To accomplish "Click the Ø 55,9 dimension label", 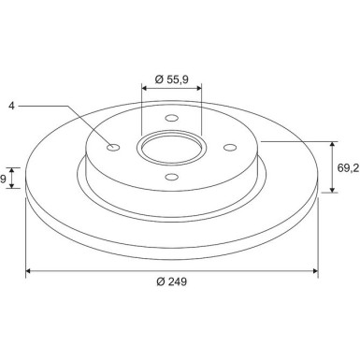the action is (172, 79).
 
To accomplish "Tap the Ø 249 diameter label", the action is (172, 281).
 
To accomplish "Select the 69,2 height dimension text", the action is (348, 168).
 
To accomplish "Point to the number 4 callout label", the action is (11, 106).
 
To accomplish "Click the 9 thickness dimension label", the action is (3, 179).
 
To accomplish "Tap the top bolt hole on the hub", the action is (172, 118).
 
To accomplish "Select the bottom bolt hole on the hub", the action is (172, 178).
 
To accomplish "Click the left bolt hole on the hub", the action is (113, 147).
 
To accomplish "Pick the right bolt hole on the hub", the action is (230, 147).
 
